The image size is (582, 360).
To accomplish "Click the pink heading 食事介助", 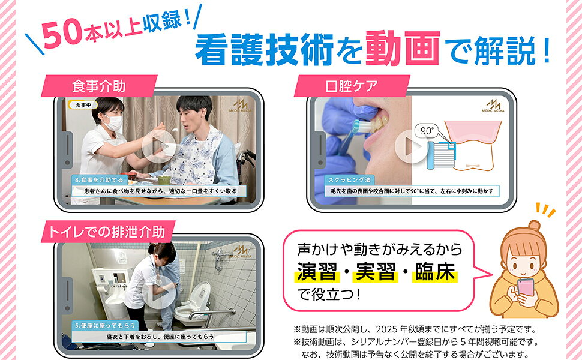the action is coord(98,86).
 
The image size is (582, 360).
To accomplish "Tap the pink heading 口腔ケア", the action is coord(352,86).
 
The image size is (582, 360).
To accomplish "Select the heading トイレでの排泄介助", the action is coord(107,232).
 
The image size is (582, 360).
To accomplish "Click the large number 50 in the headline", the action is coord(61,34).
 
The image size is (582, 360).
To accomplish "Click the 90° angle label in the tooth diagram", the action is coord(427,131).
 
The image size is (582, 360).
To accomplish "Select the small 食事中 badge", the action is coord(83,105).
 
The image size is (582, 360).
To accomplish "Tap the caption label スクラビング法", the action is coord(349,179).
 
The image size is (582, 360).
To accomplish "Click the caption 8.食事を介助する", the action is coord(99,179).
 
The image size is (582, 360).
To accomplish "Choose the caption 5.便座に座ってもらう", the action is coord(105,325).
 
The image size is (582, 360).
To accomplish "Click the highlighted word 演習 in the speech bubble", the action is coord(316,272).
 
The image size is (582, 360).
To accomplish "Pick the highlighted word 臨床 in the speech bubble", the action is coord(435,272).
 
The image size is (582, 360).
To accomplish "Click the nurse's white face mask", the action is coord(113,123).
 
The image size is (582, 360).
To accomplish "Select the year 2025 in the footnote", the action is coord(386,329).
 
